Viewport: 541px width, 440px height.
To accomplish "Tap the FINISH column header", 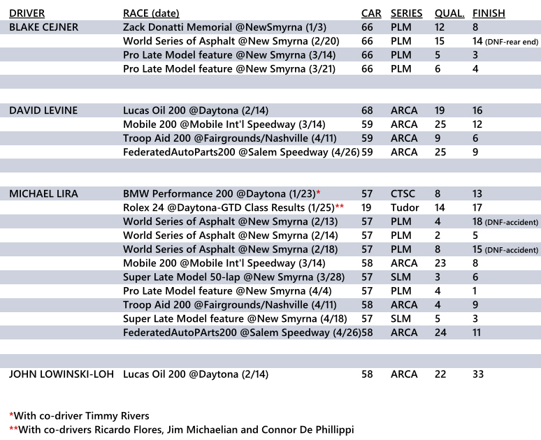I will (x=489, y=13).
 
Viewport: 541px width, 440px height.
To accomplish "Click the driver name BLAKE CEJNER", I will (x=43, y=27).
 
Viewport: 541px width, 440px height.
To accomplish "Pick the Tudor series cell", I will (x=405, y=207).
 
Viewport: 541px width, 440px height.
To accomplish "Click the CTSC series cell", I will (x=404, y=193).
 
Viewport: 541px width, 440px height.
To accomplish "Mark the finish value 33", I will (x=479, y=374).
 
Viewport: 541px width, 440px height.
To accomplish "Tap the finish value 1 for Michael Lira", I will (x=475, y=291).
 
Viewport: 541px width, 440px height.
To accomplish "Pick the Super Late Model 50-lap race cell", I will (x=218, y=277).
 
